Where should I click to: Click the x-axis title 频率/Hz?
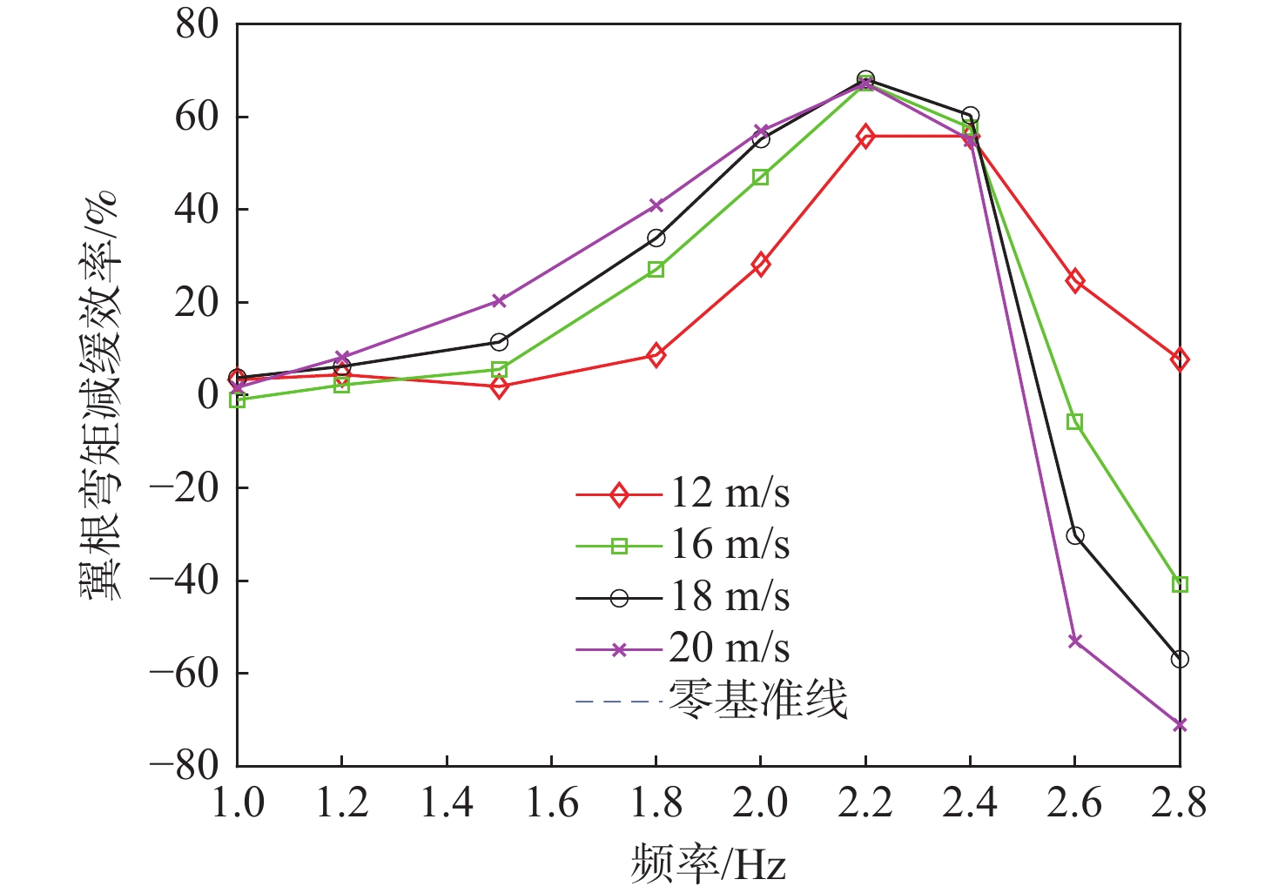click(x=708, y=864)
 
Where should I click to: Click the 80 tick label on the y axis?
click(x=197, y=24)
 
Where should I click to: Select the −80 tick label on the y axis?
click(x=185, y=765)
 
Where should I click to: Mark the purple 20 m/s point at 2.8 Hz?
click(x=1180, y=725)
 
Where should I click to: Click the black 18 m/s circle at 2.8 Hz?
click(x=1180, y=660)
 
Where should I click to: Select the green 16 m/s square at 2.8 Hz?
click(x=1180, y=584)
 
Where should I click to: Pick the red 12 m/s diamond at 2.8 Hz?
click(x=1180, y=359)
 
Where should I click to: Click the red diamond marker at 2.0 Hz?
click(x=760, y=265)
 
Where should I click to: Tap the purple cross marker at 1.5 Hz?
click(x=499, y=301)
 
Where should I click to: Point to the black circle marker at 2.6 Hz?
click(x=1075, y=536)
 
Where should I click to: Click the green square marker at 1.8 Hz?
click(x=656, y=270)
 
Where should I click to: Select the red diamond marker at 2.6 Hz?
click(x=1075, y=281)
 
